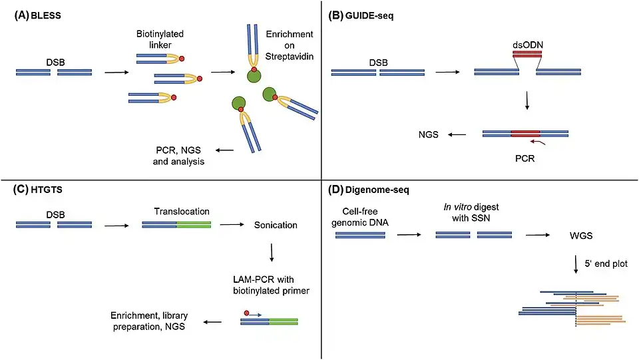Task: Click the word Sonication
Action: (x=276, y=225)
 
